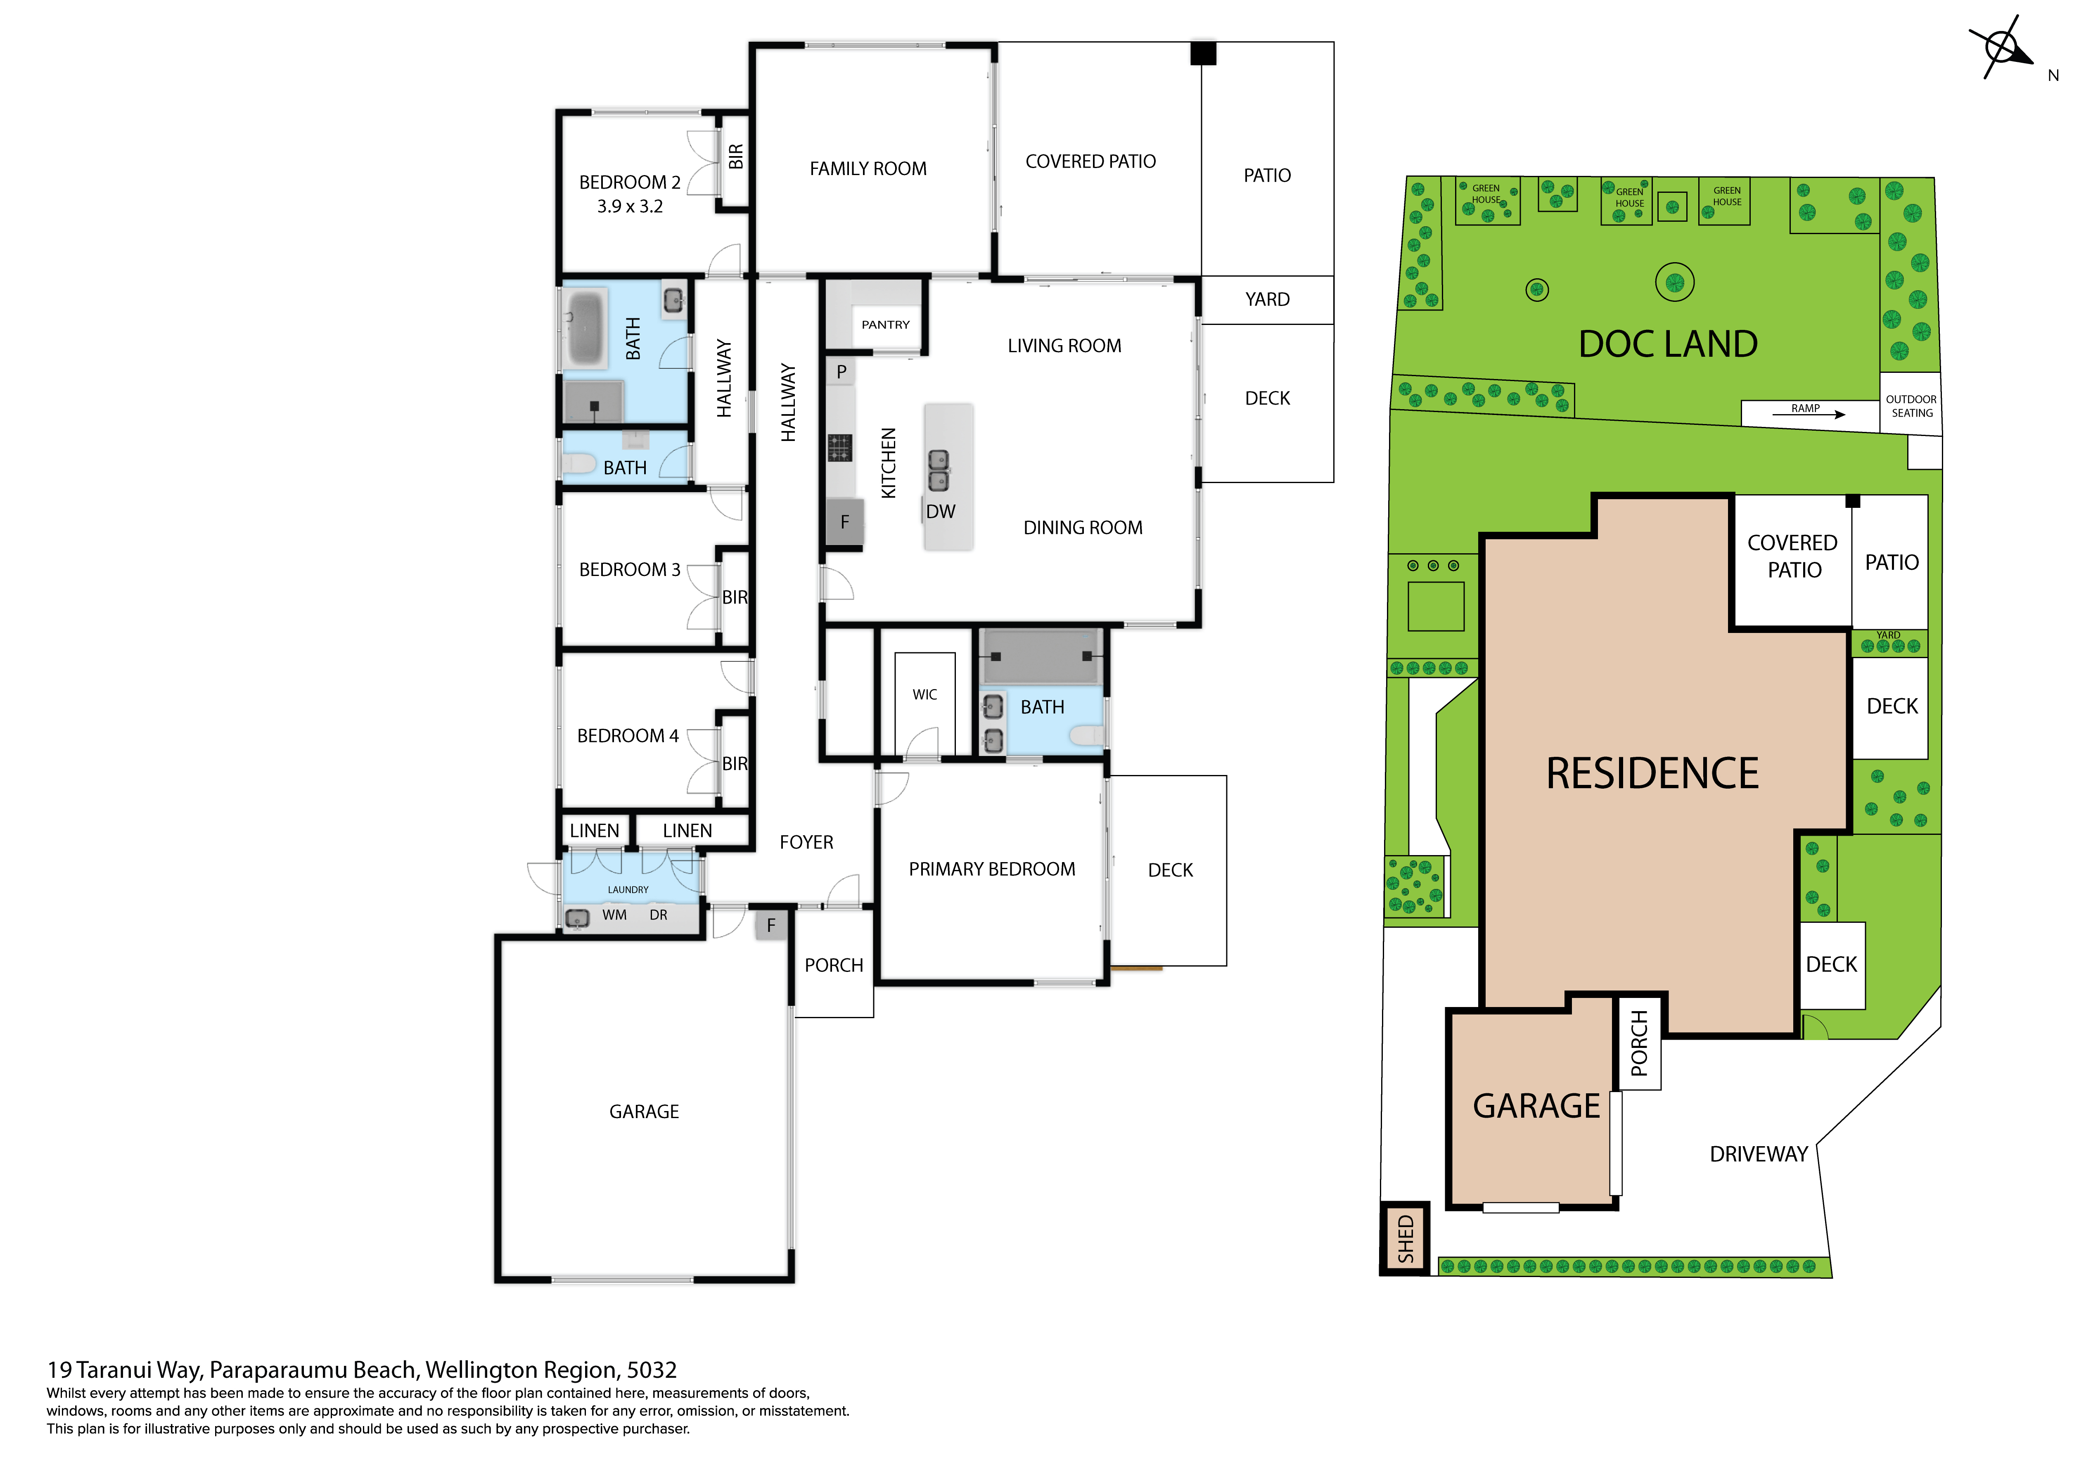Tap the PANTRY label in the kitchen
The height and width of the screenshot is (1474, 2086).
pyautogui.click(x=885, y=325)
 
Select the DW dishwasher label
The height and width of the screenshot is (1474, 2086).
pyautogui.click(x=940, y=512)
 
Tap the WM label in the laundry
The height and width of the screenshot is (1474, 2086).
pyautogui.click(x=614, y=915)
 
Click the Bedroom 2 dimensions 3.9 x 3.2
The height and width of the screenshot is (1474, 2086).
pyautogui.click(x=630, y=206)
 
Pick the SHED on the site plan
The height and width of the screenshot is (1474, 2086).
pyautogui.click(x=1405, y=1239)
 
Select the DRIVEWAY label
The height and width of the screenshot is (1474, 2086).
pyautogui.click(x=1759, y=1154)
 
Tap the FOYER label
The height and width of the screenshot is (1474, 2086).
pyautogui.click(x=806, y=842)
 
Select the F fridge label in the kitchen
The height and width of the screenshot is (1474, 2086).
pyautogui.click(x=844, y=521)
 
